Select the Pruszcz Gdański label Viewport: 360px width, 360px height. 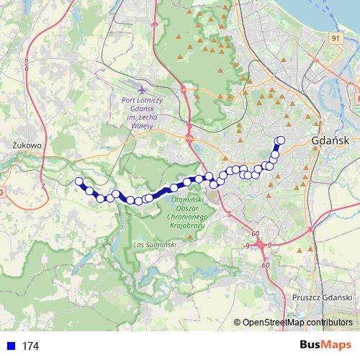321,297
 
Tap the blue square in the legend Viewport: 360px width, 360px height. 10,346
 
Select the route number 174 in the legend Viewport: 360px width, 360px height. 30,346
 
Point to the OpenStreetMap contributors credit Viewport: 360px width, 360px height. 297,323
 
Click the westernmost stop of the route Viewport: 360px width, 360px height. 79,182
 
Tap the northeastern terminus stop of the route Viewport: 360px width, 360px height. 281,140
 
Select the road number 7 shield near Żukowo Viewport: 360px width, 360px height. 42,186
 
